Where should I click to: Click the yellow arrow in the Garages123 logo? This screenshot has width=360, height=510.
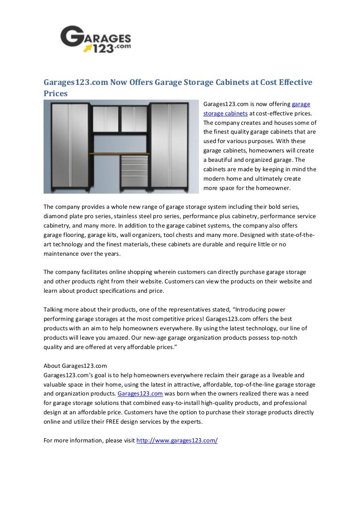(88, 47)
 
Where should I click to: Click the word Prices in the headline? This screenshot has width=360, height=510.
(55, 93)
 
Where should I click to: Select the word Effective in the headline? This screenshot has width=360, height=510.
(292, 82)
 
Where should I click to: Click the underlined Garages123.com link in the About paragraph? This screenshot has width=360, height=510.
(140, 394)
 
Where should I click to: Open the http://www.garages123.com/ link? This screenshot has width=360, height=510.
(177, 441)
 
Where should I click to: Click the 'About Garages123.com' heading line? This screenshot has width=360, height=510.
(75, 365)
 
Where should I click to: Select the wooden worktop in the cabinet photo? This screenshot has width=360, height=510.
(119, 154)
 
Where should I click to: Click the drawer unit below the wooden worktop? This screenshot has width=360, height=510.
(134, 172)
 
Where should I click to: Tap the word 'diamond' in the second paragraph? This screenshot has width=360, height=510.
(55, 216)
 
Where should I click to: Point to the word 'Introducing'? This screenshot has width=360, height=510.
(253, 310)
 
